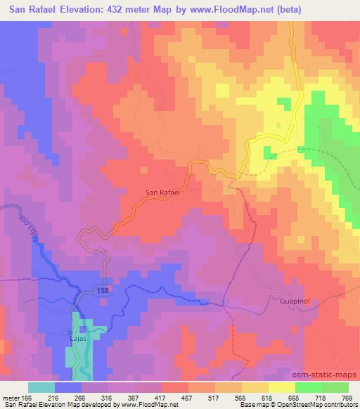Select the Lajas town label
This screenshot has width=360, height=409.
click(77, 337)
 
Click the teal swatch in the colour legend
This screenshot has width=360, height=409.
click(41, 387)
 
